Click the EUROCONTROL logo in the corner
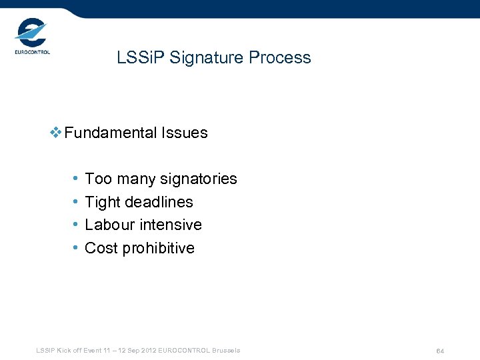[x=31, y=37]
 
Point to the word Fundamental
[x=111, y=133]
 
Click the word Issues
[x=185, y=133]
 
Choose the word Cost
[x=101, y=248]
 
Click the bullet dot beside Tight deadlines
[x=75, y=202]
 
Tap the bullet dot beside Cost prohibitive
[x=75, y=248]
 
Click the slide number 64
[x=440, y=351]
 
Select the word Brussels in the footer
[x=227, y=351]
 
